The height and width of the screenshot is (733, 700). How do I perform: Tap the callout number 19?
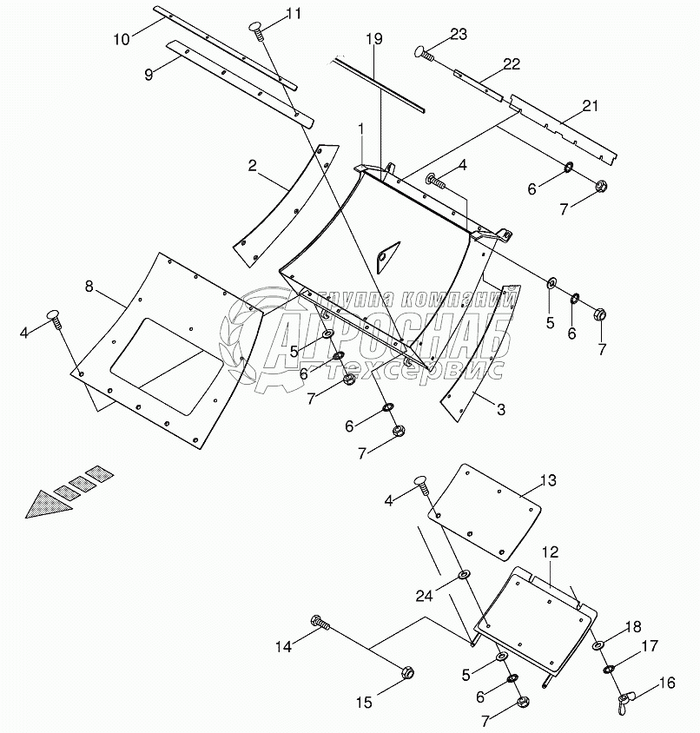pyautogui.click(x=373, y=40)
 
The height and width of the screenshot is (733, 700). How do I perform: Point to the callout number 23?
pyautogui.click(x=458, y=35)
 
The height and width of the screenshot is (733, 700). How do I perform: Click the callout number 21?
pyautogui.click(x=591, y=106)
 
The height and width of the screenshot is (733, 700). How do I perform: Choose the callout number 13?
pyautogui.click(x=548, y=480)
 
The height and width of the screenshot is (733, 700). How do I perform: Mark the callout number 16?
pyautogui.click(x=666, y=683)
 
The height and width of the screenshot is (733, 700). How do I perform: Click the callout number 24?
pyautogui.click(x=423, y=595)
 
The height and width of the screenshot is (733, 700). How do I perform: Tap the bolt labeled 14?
pyautogui.click(x=320, y=622)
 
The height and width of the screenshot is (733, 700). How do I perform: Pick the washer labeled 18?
pyautogui.click(x=598, y=646)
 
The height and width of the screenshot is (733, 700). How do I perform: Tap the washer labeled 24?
pyautogui.click(x=463, y=573)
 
